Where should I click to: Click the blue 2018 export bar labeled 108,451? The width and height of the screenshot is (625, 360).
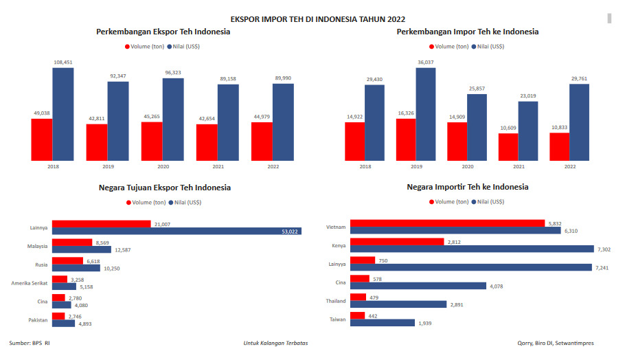pos(62,114)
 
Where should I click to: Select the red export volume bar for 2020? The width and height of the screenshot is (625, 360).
pos(152,142)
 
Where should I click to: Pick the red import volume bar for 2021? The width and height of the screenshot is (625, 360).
pos(508,147)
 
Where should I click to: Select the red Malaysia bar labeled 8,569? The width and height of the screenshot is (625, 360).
pos(72,243)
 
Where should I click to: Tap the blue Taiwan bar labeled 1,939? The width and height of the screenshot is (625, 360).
pos(383,323)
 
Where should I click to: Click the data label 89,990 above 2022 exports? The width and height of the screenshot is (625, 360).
pos(283,78)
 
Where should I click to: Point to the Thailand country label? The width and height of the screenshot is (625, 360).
pos(335,301)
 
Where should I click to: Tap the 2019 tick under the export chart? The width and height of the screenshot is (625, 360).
pos(107,167)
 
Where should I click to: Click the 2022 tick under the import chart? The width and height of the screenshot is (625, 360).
pos(569,167)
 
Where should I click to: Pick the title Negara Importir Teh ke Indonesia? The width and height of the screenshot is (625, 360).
pos(467,187)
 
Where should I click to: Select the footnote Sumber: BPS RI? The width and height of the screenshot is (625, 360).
pos(30,343)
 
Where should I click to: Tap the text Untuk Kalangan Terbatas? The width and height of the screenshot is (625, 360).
pos(275,343)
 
